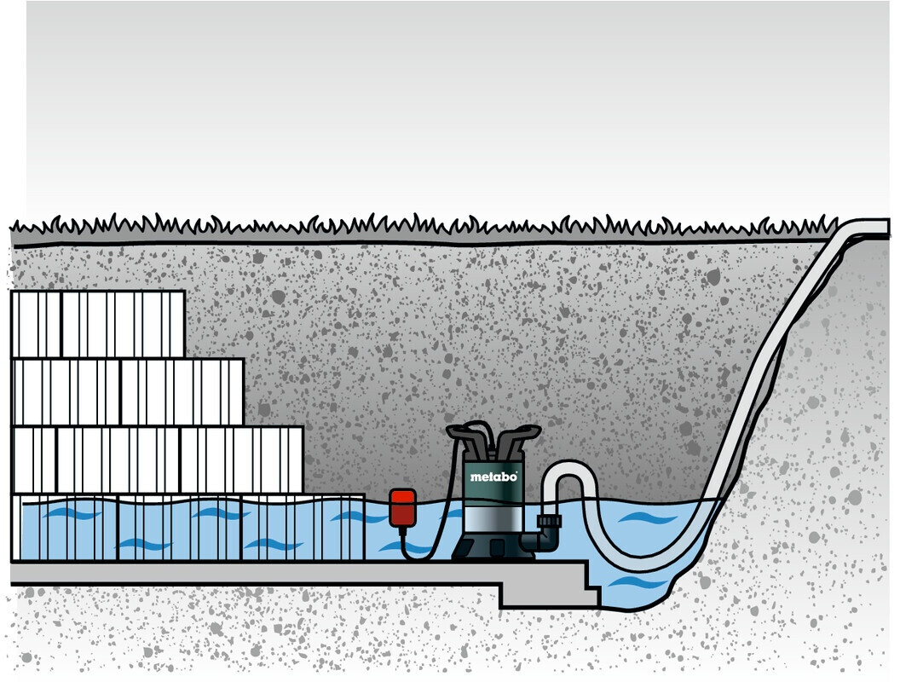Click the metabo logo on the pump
click(493, 477)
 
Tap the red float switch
click(402, 507)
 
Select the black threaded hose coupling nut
click(548, 523)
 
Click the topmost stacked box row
click(97, 324)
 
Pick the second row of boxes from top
click(127, 392)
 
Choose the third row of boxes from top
click(157, 459)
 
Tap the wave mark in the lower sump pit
click(637, 584)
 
